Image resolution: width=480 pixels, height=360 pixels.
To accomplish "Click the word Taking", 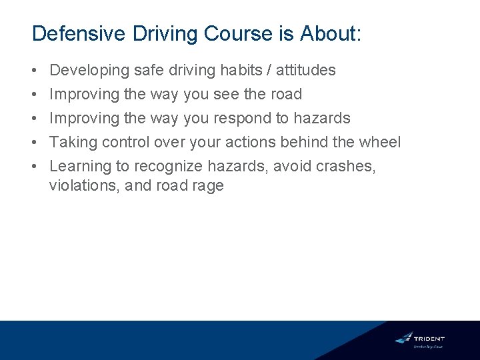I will point(73,143).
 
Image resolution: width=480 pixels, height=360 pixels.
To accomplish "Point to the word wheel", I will point(379,143).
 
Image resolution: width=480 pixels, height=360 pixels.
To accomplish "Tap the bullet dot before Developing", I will point(34,70).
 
